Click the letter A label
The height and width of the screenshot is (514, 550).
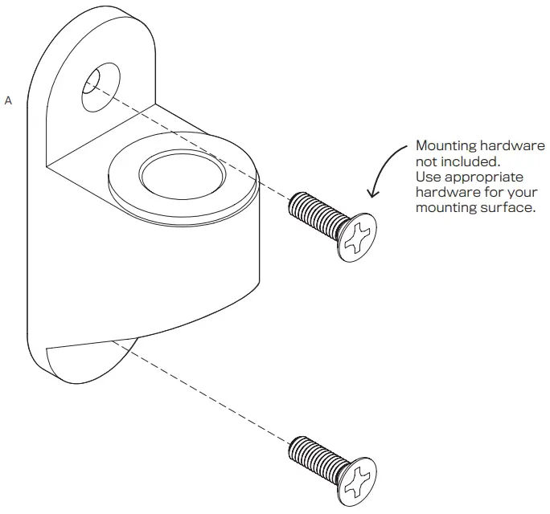[9, 100]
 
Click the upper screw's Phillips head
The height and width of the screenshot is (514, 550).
[357, 239]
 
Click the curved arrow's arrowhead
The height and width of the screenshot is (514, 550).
[372, 191]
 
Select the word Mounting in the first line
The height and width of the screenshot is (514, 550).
[445, 146]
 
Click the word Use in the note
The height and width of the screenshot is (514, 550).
[428, 177]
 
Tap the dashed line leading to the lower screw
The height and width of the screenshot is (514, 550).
[209, 394]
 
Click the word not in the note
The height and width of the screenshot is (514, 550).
[427, 161]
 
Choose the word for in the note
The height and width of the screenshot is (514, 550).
[486, 192]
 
